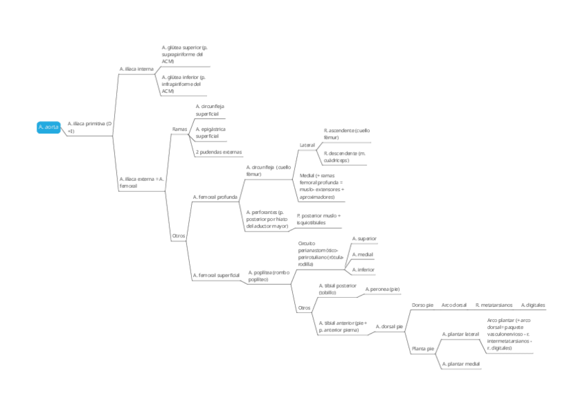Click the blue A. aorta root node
49,127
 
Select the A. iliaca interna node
136,69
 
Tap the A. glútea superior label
184,54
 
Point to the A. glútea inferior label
184,84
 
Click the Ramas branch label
179,129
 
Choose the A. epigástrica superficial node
210,132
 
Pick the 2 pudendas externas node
219,151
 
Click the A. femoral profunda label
215,197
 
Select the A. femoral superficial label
216,275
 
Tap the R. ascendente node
346,133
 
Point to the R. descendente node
344,156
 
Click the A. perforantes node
268,219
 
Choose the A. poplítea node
269,276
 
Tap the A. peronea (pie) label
382,289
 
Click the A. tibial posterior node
338,288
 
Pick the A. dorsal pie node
389,327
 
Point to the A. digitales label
533,305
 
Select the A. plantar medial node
461,363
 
